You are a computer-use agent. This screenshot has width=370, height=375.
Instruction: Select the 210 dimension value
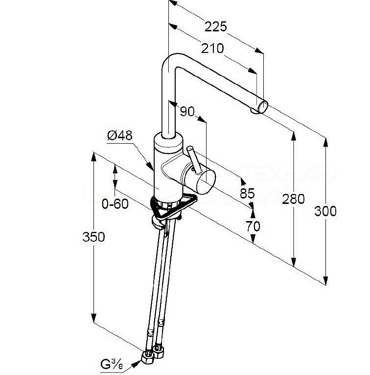(x=212, y=49)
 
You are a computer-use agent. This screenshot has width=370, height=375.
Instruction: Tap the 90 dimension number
(x=187, y=112)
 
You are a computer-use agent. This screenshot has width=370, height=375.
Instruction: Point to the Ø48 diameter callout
(x=119, y=136)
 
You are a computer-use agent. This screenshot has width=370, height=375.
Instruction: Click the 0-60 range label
(x=115, y=203)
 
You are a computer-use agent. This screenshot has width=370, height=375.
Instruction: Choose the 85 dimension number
(x=247, y=193)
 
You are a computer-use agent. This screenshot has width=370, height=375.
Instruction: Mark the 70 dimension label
(x=253, y=225)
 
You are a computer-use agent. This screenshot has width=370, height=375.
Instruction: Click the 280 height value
(x=294, y=199)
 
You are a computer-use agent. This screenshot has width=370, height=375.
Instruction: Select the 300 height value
(x=325, y=211)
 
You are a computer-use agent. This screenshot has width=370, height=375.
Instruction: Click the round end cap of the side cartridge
(x=205, y=180)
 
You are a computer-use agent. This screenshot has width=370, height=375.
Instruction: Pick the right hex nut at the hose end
(x=159, y=351)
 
